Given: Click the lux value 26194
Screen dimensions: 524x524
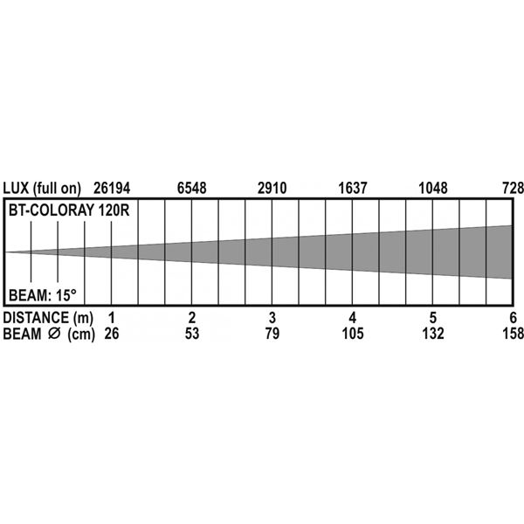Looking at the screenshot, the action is [112, 188].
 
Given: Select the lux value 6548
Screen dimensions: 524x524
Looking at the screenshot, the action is [192, 188].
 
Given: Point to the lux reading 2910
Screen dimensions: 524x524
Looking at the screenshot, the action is [272, 188].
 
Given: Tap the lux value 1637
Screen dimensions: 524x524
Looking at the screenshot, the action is [353, 188].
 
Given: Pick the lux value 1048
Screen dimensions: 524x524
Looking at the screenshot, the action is [433, 188].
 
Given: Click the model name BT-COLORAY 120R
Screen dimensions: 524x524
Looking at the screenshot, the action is [69, 210].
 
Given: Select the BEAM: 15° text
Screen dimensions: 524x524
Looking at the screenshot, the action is [43, 295].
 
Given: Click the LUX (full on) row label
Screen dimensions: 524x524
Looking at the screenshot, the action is [42, 189].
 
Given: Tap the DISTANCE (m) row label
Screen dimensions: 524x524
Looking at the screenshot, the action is [48, 318].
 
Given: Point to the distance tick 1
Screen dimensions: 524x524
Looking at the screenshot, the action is [112, 318].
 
